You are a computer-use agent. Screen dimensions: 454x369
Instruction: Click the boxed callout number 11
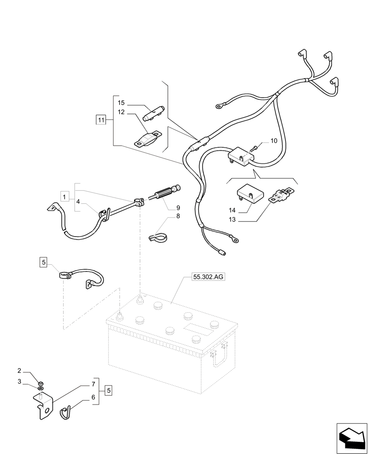coord(100,120)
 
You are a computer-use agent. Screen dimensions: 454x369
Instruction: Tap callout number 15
coord(121,103)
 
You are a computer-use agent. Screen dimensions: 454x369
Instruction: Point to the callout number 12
coord(121,112)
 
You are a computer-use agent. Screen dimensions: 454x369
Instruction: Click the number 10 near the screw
coord(274,141)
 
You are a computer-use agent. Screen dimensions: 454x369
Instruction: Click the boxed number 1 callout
coord(65,197)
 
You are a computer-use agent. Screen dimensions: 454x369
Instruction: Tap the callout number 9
coord(178,208)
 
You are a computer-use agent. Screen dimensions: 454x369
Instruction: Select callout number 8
coord(178,216)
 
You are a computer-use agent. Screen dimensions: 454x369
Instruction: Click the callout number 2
coord(20,371)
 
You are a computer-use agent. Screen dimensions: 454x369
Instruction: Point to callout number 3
coord(20,382)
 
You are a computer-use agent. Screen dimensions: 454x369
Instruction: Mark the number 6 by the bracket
coord(93,396)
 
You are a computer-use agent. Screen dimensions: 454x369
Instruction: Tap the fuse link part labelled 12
coord(147,139)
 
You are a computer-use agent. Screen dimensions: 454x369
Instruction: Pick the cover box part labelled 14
coord(250,193)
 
